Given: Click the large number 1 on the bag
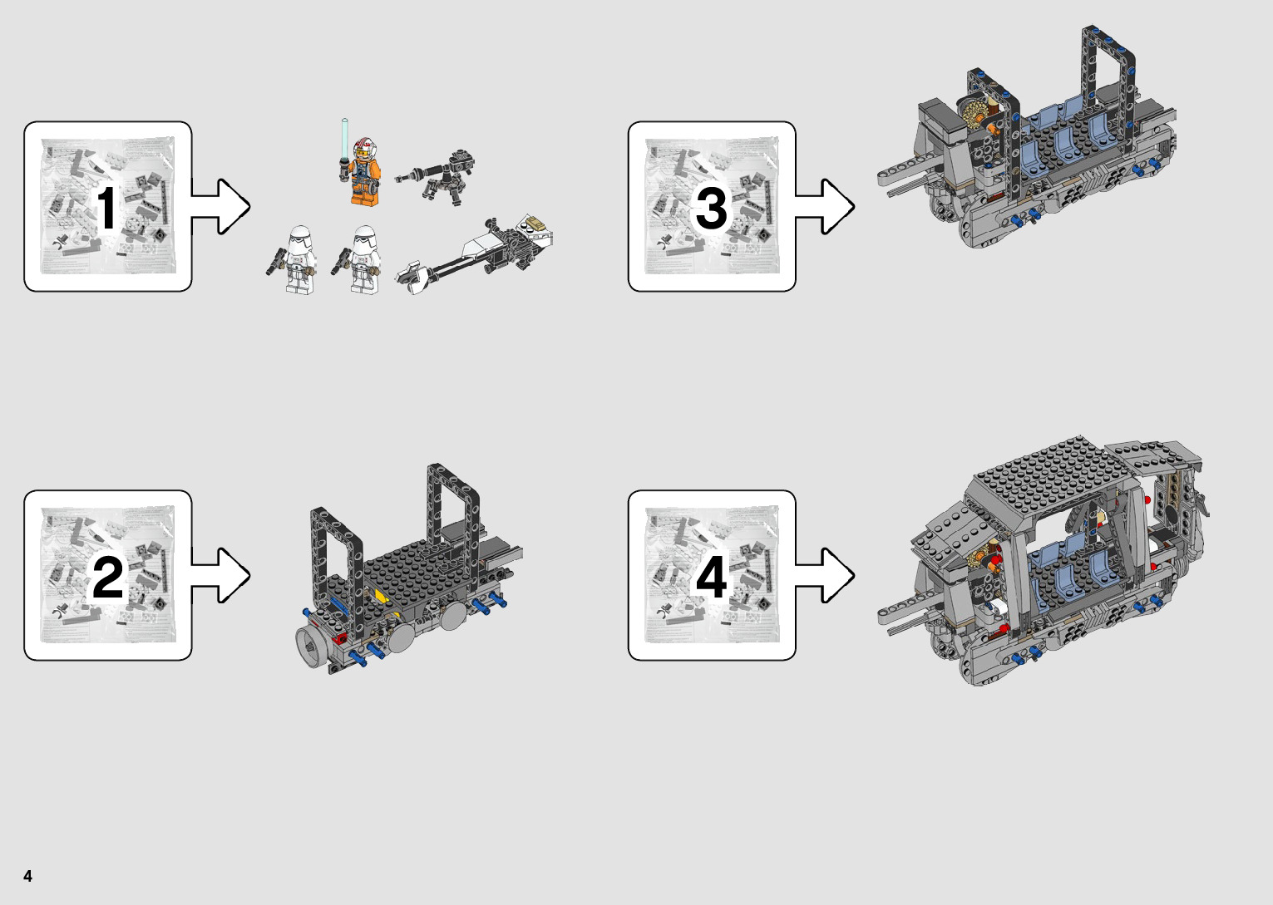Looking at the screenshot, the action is click(x=107, y=208).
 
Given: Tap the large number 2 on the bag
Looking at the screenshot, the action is click(x=107, y=577).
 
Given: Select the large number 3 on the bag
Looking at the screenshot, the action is click(x=711, y=208).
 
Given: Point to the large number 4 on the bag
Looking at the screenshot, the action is click(x=711, y=577).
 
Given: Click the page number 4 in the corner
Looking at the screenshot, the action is click(x=27, y=876).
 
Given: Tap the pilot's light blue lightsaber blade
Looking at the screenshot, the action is click(x=344, y=137).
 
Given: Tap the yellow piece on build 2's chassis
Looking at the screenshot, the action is click(x=380, y=595).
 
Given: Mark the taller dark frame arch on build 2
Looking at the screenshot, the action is click(x=452, y=507).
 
